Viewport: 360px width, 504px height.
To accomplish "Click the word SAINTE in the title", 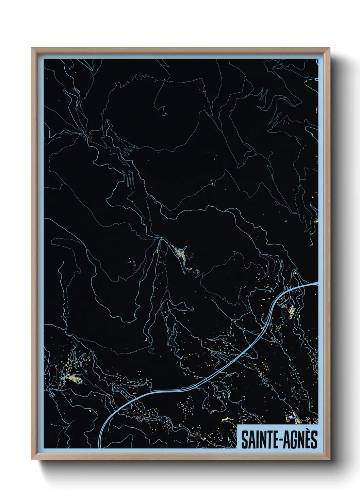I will (x=257, y=439).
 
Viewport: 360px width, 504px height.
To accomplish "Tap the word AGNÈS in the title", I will (x=299, y=439).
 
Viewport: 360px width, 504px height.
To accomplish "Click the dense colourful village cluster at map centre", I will (x=180, y=253).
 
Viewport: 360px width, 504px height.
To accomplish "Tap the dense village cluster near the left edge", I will (x=72, y=378).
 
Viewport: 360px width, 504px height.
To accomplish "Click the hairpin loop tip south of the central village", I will (x=184, y=273).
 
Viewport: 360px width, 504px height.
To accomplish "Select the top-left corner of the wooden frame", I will (x=32, y=48).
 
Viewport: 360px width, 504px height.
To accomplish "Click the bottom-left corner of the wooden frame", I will (x=32, y=459).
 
